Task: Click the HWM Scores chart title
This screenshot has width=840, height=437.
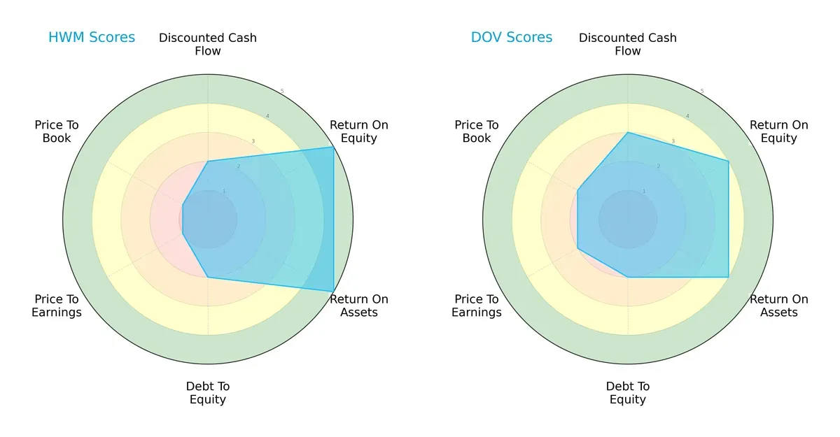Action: (x=92, y=38)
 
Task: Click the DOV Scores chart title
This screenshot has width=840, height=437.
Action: (x=512, y=38)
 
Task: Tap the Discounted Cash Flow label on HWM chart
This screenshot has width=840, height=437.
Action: (x=208, y=44)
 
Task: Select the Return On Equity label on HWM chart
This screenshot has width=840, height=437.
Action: (x=359, y=131)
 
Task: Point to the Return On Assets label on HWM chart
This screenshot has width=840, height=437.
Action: (x=359, y=306)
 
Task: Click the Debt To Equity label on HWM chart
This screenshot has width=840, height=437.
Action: (x=208, y=393)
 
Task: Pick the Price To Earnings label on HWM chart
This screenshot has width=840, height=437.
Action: (x=57, y=306)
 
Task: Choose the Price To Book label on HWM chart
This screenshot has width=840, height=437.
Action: (x=57, y=131)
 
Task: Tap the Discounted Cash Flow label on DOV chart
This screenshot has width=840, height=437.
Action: (x=628, y=44)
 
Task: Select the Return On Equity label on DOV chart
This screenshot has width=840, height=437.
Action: (x=779, y=131)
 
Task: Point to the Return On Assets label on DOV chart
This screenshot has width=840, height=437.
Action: (x=779, y=306)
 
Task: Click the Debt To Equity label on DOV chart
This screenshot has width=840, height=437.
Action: (x=628, y=393)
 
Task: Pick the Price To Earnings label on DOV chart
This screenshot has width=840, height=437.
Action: (x=477, y=306)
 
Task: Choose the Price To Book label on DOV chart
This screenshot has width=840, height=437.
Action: (x=477, y=131)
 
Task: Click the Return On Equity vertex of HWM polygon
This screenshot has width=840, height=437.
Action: (x=333, y=148)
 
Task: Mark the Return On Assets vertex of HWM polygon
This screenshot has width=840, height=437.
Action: (x=333, y=292)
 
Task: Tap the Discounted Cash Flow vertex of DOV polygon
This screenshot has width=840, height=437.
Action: (x=628, y=132)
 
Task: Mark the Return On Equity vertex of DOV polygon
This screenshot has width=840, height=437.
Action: (x=729, y=162)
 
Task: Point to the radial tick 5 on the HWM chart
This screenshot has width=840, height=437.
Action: (x=282, y=92)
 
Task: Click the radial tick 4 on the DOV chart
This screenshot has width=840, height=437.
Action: (x=687, y=116)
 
